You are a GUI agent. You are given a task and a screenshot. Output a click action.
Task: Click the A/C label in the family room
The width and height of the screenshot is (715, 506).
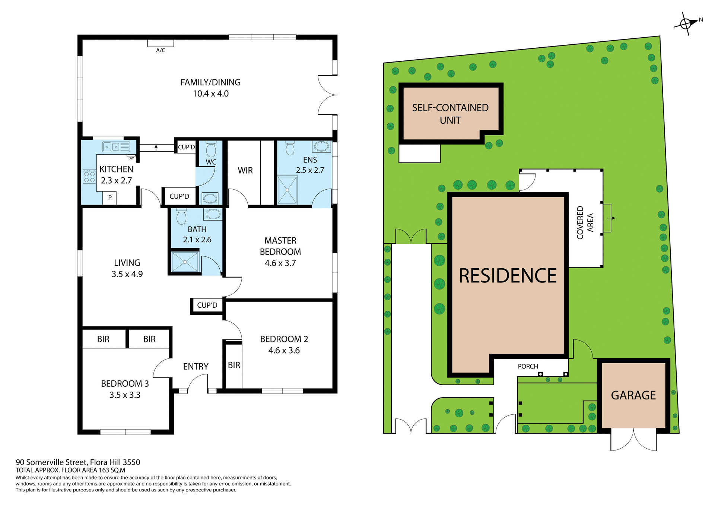161,50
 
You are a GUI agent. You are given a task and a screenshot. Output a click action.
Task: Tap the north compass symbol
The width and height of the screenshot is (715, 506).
686,23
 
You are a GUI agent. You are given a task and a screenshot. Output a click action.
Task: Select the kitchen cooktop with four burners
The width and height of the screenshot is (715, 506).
89,177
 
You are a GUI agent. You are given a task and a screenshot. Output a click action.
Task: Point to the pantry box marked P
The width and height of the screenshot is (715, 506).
110,198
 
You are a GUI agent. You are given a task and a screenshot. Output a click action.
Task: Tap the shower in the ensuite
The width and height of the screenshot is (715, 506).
287,190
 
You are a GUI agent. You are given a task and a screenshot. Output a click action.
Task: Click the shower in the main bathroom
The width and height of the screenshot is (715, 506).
185,262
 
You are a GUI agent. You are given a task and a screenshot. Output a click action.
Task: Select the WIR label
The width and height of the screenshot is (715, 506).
245,171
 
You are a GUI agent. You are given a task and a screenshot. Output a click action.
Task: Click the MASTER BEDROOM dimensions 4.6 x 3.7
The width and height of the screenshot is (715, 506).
280,263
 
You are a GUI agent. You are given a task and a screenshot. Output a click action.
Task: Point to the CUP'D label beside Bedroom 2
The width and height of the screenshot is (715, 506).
207,306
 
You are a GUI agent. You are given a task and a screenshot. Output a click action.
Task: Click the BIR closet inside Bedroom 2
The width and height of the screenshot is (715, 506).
234,365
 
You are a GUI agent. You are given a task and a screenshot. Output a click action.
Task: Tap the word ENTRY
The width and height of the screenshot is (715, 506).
196,367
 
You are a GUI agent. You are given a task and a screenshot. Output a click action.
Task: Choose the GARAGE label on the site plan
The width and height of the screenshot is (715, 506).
633,395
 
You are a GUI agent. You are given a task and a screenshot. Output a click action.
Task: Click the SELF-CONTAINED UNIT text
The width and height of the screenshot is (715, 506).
450,114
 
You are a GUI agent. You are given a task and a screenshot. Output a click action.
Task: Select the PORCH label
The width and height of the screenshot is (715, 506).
528,367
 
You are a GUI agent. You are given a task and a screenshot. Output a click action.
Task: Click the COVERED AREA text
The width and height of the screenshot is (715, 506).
585,222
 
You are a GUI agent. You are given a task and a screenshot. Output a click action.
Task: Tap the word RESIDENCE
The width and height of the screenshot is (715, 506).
507,276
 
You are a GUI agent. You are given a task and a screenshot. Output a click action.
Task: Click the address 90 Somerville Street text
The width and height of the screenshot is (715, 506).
78,462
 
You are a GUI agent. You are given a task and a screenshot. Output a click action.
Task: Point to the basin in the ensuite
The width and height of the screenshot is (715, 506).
321,146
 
